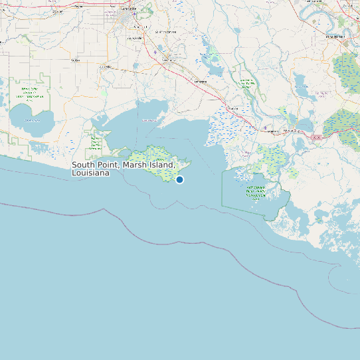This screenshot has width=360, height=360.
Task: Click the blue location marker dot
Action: click(x=179, y=179)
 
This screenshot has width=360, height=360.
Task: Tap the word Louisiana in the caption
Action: click(x=90, y=173)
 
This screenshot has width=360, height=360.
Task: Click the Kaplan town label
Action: click(x=74, y=60)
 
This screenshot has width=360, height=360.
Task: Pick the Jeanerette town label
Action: click(x=200, y=81)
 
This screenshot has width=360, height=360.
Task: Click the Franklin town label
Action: click(x=232, y=108)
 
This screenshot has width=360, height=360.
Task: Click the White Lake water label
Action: click(x=31, y=120)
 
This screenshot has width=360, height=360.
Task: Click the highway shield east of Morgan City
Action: click(x=316, y=137)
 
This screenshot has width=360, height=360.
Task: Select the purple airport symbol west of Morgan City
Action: click(x=265, y=128)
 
